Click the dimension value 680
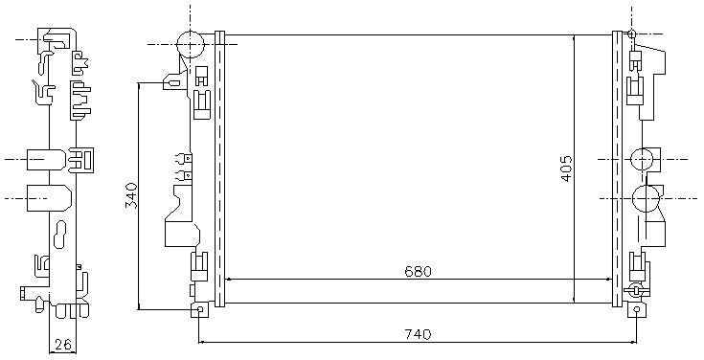pyautogui.click(x=418, y=272)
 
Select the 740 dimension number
pyautogui.click(x=418, y=334)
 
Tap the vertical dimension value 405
pyautogui.click(x=567, y=169)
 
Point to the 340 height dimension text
pyautogui.click(x=131, y=195)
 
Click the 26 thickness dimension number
pyautogui.click(x=63, y=345)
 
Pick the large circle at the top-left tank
pyautogui.click(x=191, y=44)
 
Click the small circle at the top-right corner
pyautogui.click(x=632, y=34)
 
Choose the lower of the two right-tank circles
pyautogui.click(x=646, y=198)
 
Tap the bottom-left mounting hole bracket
pyautogui.click(x=200, y=309)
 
